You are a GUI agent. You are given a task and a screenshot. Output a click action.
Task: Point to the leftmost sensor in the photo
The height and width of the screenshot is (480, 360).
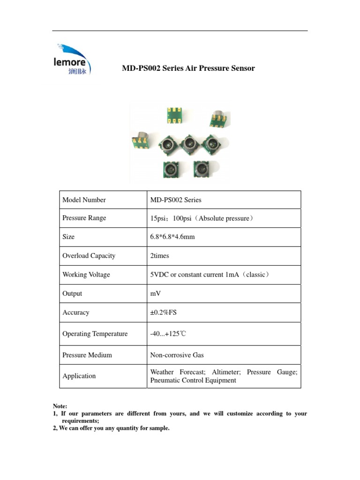coord(140,140)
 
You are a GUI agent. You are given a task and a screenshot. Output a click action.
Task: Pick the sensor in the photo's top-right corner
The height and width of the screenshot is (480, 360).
coord(219,118)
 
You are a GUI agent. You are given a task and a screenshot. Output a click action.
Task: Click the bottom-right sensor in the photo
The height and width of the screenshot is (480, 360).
coord(203,169)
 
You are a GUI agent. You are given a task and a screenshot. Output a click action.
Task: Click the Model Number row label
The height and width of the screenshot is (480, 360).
coord(84,200)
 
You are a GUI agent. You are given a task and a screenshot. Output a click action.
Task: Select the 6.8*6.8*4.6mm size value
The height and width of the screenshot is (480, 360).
coord(172,237)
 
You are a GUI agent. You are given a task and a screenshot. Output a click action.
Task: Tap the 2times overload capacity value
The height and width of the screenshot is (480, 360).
coord(159,256)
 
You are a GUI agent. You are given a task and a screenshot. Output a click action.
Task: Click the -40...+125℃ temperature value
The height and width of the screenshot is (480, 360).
coord(168,334)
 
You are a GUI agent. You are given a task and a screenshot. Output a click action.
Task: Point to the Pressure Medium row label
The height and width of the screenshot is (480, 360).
coord(87,355)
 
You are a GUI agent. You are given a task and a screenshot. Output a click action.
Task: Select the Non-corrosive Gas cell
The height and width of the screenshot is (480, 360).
coord(177,355)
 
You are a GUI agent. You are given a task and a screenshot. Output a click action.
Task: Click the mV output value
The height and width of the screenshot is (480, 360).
coord(155,293)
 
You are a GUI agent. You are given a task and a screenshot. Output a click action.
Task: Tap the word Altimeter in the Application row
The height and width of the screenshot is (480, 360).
coord(226,372)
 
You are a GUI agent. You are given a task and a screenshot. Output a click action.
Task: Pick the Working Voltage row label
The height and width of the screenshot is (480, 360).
coord(86,275)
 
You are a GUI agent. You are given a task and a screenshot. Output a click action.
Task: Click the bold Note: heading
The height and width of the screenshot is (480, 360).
coord(60,406)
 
